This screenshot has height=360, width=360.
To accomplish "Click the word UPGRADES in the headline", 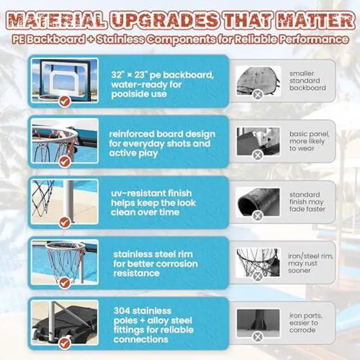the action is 165,20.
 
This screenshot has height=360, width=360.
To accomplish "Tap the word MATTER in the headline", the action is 317,20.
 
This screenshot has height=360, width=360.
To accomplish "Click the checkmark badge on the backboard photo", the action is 65,101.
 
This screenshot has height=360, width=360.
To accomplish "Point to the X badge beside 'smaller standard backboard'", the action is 258,94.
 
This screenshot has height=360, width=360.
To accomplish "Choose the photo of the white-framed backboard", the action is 65,80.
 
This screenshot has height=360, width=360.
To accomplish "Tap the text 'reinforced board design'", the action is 162,134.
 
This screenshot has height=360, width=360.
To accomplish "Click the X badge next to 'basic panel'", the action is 258,155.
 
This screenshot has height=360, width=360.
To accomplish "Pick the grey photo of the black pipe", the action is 258,202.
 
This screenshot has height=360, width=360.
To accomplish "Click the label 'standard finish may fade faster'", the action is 307,202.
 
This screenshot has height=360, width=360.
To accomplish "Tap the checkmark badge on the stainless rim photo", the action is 65,282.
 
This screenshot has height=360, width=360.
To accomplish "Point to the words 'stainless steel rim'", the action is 153,254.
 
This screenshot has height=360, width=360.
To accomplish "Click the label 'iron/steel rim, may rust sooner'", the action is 310,263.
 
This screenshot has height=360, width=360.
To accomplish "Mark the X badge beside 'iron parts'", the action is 258,337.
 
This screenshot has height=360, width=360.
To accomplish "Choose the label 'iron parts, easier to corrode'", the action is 305,323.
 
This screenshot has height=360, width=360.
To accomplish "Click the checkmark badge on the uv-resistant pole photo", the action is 65,222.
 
